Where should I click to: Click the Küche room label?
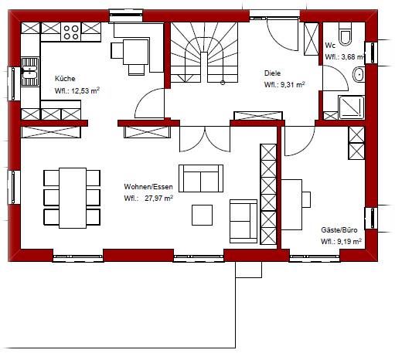point(65,79)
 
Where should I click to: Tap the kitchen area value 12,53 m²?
point(85,90)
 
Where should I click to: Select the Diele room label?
point(272,73)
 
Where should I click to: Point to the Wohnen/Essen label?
point(148,187)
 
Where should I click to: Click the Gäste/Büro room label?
point(339,229)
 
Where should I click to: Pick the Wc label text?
point(330,46)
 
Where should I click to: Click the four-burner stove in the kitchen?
point(71,32)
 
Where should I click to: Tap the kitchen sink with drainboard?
point(30,72)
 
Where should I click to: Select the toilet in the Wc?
point(345,34)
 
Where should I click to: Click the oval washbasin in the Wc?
point(359,74)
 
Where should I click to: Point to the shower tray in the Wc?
point(352,107)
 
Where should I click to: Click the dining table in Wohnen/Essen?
point(73,198)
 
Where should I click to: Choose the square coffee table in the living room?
point(203,215)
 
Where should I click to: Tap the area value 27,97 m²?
point(158,199)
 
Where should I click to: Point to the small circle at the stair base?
point(223,83)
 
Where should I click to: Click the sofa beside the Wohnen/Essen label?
point(201,178)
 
